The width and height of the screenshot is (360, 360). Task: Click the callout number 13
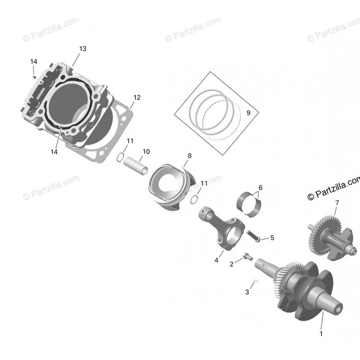point(83,48)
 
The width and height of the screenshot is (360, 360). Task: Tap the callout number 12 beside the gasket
point(137,97)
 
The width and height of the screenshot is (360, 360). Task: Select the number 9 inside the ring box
point(248,113)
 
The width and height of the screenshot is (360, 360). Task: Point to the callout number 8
point(190,156)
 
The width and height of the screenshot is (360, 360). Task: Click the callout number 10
point(146,152)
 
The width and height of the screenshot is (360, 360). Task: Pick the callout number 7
point(337,203)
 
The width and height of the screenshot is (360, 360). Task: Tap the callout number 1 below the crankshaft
point(321,334)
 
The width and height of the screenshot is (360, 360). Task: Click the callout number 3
point(247,292)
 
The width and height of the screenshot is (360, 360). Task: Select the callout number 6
point(260,188)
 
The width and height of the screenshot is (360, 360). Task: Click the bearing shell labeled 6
point(249,203)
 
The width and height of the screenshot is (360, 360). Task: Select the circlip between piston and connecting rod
point(194,200)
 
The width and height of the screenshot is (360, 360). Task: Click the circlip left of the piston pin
point(120,157)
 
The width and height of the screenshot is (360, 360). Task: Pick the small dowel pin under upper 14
point(34,76)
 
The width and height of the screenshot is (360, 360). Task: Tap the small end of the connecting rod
point(204,213)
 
